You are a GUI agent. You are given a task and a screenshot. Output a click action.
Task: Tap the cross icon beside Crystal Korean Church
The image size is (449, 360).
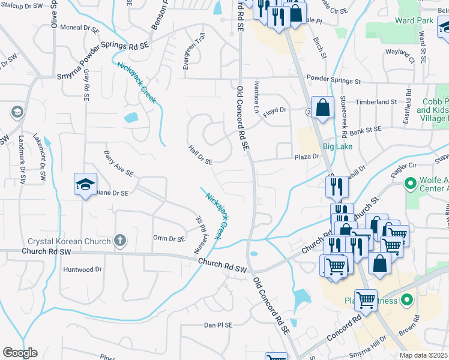coord(119,241)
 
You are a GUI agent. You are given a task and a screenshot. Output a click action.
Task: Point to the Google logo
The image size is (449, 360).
coord(19,353)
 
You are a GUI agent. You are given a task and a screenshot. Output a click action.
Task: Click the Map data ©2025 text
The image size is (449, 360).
coord(423,355)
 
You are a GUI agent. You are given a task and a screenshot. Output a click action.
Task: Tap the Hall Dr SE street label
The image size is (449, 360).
coord(200,154)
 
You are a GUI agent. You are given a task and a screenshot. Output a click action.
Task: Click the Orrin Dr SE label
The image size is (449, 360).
coord(169,239)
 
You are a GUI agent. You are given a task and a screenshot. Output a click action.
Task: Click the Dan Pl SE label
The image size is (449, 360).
coord(217,325)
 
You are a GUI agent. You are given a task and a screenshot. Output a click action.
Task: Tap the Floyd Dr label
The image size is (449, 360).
coord(275,110)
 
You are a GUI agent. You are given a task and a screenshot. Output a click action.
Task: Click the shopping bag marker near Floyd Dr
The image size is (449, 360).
coord(322,109)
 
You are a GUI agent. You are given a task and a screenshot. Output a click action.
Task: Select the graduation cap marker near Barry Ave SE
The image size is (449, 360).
coord(85,184)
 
